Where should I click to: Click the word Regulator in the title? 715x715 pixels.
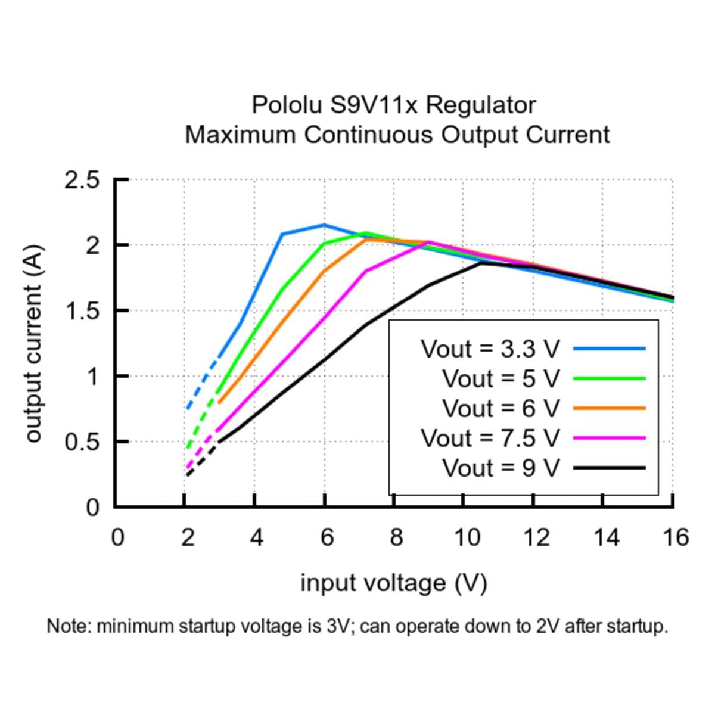[481, 105]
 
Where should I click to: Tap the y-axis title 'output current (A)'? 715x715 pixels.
[35, 343]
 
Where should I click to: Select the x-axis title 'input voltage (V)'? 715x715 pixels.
[394, 583]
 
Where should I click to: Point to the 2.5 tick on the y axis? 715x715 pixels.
[82, 180]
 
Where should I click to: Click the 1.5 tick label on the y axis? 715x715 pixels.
[82, 311]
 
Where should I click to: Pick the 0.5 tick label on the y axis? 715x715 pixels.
[82, 442]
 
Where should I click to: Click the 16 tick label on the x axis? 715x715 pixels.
[675, 537]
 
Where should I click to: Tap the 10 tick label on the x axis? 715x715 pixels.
[466, 537]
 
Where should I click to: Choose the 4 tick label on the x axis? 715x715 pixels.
[256, 537]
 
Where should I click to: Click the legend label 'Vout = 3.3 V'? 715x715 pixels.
[490, 349]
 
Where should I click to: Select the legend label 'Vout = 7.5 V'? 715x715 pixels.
[490, 439]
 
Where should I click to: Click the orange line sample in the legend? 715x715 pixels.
[609, 408]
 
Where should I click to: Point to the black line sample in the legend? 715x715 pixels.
[609, 468]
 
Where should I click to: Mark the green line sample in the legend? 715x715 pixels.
[609, 378]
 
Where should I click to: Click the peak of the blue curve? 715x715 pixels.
[324, 225]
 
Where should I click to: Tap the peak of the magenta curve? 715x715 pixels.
[429, 242]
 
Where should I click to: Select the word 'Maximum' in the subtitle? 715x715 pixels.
[241, 135]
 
